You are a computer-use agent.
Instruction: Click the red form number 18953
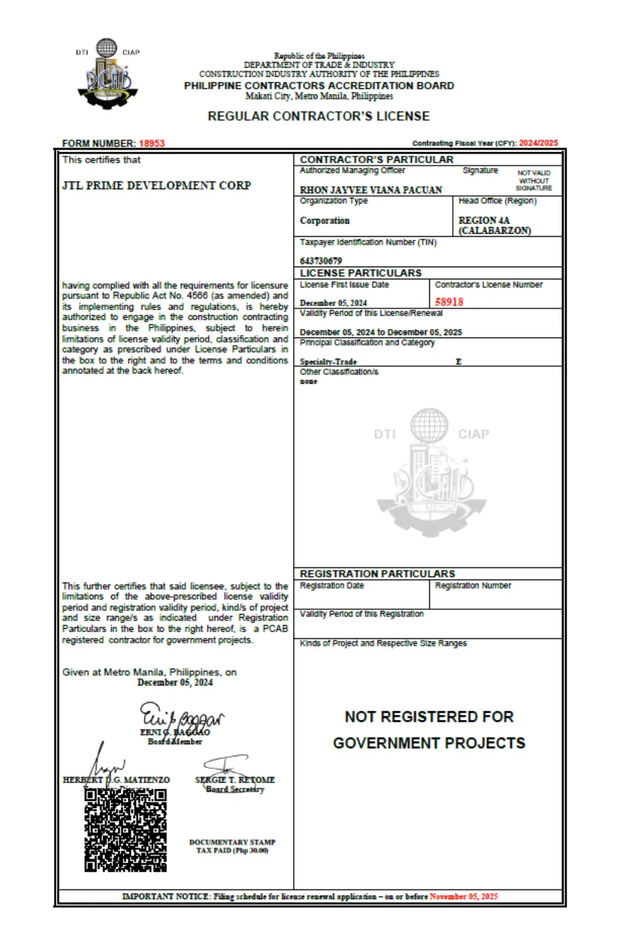point(152,144)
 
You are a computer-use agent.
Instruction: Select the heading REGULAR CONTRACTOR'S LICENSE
point(318,116)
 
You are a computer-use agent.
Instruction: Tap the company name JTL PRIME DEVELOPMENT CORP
point(156,185)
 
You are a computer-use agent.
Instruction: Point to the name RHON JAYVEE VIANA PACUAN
point(371,190)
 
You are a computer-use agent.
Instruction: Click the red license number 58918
point(449,302)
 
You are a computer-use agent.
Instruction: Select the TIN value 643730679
point(321,261)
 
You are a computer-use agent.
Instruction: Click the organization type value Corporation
point(324,221)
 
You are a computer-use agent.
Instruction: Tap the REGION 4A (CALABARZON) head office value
point(495,226)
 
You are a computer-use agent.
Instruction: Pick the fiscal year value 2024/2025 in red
point(539,144)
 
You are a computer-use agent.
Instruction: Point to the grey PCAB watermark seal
point(431,463)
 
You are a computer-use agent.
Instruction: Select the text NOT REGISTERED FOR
point(429,716)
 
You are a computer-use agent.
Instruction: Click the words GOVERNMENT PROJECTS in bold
point(429,743)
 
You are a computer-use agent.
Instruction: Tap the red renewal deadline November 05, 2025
point(463,897)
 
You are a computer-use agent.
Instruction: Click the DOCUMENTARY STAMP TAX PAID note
point(232,846)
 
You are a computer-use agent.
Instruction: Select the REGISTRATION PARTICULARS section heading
point(378,574)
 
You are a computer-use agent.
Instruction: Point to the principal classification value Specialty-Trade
point(328,362)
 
